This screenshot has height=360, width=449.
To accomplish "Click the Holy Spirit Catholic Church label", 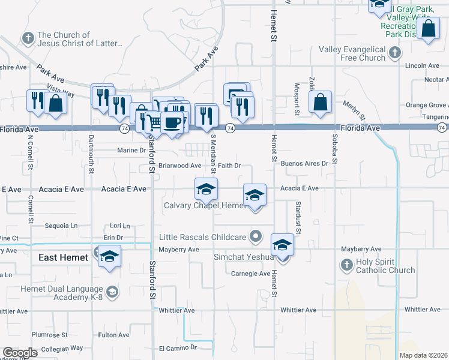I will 385,265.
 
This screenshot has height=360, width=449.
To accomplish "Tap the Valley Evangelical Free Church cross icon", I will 394,53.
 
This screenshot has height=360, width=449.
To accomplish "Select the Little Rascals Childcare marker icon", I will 256,236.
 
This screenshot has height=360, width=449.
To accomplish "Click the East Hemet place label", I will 64,257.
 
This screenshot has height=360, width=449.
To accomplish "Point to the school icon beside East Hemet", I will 109,256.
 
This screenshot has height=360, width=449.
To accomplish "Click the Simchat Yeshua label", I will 243,257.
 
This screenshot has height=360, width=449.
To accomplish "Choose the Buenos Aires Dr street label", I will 304,163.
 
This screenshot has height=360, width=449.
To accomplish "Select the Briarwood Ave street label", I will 179,166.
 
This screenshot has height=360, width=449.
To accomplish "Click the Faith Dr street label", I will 229,166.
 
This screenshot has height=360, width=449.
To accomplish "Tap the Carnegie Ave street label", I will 251,274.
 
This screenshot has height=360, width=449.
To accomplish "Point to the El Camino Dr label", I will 178,348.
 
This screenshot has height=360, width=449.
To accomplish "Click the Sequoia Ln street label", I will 62,226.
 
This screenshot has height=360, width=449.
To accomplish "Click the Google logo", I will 20,353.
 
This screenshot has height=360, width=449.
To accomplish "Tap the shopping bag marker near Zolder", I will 321,103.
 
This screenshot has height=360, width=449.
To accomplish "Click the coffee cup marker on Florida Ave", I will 172,122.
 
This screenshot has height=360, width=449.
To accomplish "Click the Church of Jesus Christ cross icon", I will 28,39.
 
